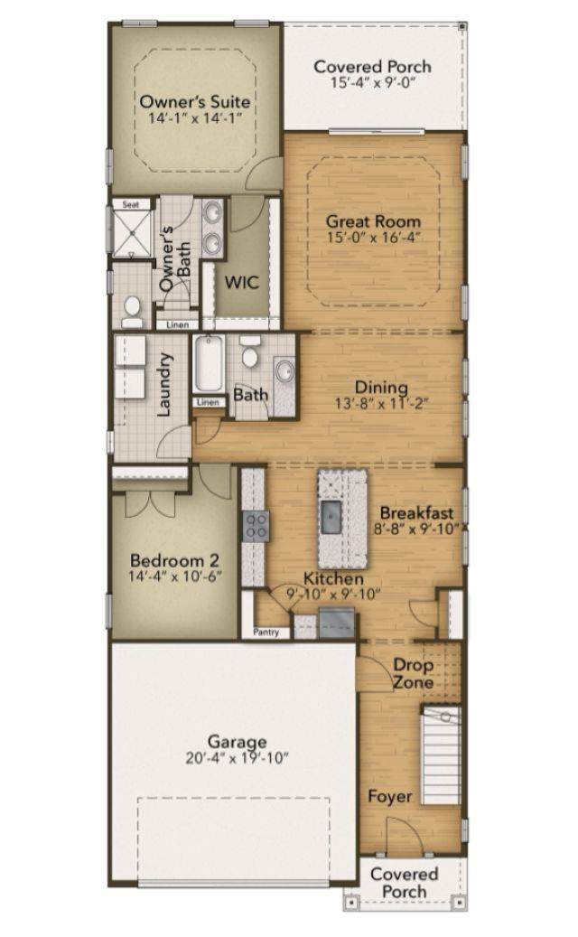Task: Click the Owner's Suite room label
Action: (195, 101)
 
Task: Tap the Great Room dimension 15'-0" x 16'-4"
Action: (373, 238)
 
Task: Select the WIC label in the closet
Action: (241, 282)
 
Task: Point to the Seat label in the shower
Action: (131, 204)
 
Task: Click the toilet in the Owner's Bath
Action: (132, 312)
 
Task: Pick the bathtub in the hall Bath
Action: (209, 363)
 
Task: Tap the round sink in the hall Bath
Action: (285, 371)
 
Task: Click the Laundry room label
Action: (163, 384)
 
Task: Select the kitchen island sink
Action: (331, 517)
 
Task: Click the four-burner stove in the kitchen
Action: (256, 527)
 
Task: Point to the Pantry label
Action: (266, 632)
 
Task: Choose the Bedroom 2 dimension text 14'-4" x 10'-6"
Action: (175, 576)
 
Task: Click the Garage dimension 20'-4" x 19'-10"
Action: (237, 758)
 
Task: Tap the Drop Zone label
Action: (413, 673)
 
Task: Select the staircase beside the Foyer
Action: (441, 754)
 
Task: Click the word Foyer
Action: (390, 797)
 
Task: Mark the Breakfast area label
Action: (416, 512)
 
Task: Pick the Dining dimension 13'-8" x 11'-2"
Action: (381, 403)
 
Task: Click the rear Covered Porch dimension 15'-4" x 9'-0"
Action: (373, 82)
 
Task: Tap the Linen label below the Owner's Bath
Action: (178, 324)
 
